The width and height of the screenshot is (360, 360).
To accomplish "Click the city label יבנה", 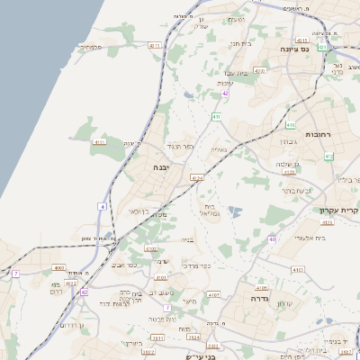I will pyautogui.click(x=161, y=167).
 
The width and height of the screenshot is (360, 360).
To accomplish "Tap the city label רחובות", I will pyautogui.click(x=319, y=133).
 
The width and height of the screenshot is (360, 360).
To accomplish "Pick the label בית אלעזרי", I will pyautogui.click(x=310, y=238).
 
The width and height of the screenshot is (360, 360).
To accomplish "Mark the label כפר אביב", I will pyautogui.click(x=126, y=265).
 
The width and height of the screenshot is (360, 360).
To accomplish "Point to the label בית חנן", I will pyautogui.click(x=239, y=42).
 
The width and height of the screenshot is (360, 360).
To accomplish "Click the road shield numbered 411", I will pyautogui.click(x=217, y=117).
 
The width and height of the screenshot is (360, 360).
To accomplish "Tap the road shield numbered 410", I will pyautogui.click(x=291, y=125).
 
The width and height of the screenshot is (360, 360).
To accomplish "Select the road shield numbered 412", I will pyautogui.click(x=329, y=157).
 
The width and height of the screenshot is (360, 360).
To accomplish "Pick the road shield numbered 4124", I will pyautogui.click(x=197, y=178).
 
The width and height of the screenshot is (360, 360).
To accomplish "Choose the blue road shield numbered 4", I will pyautogui.click(x=103, y=207).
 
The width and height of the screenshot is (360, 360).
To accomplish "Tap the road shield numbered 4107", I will pyautogui.click(x=214, y=293).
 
